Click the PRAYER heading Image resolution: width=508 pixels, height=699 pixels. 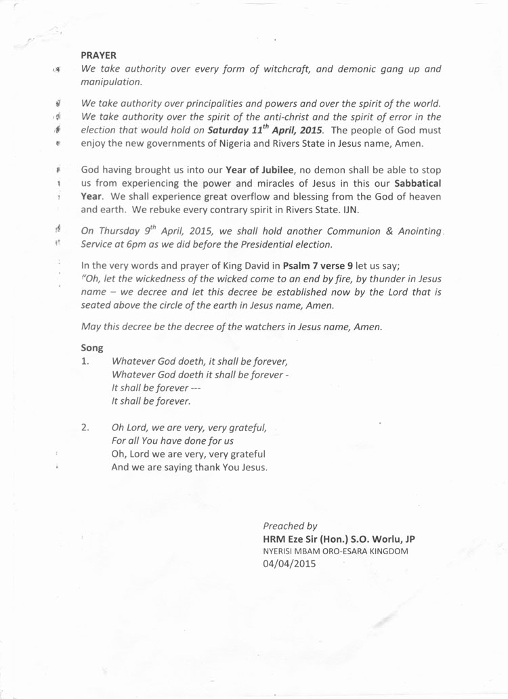pos(99,53)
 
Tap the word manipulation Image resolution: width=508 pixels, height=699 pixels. pos(110,81)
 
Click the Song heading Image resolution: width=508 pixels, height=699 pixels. pos(91,348)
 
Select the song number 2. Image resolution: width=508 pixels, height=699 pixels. pos(85,427)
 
